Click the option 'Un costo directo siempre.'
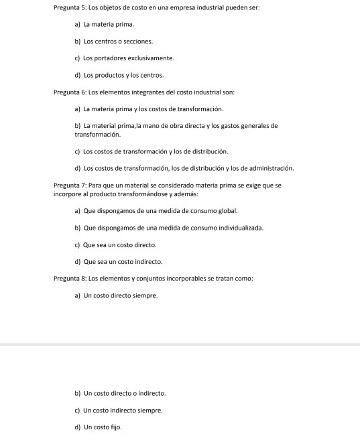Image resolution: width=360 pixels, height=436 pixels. pos(120,295)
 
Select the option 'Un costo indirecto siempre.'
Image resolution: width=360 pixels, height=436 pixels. pos(123,410)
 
